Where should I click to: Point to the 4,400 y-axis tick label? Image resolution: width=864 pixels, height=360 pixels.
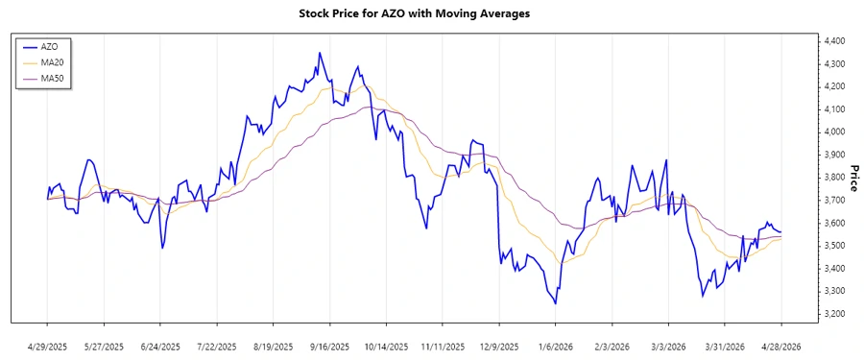pyautogui.click(x=833, y=41)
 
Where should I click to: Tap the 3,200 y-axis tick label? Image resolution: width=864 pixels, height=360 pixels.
pyautogui.click(x=833, y=314)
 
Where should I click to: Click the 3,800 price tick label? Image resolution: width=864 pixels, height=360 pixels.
pyautogui.click(x=833, y=178)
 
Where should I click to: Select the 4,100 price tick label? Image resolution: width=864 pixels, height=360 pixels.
pyautogui.click(x=833, y=109)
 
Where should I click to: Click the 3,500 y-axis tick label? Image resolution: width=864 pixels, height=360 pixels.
pyautogui.click(x=833, y=246)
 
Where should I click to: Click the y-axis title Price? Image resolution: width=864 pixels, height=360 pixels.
pyautogui.click(x=853, y=178)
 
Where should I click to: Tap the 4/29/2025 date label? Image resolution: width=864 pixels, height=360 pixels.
pyautogui.click(x=48, y=346)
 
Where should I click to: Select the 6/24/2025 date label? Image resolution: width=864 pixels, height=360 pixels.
pyautogui.click(x=160, y=346)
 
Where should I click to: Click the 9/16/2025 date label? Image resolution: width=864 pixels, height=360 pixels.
pyautogui.click(x=330, y=346)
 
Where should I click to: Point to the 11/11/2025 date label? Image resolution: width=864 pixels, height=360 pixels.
pyautogui.click(x=444, y=346)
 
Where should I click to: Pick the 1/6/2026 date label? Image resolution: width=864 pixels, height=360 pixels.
pyautogui.click(x=557, y=346)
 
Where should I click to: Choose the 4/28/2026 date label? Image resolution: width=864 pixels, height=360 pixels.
pyautogui.click(x=782, y=346)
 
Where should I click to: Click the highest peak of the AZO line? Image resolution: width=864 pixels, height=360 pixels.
pyautogui.click(x=320, y=53)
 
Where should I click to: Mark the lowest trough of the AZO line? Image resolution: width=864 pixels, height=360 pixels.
pyautogui.click(x=556, y=303)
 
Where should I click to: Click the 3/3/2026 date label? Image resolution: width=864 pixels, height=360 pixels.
pyautogui.click(x=669, y=346)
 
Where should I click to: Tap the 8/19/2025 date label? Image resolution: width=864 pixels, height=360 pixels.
pyautogui.click(x=274, y=346)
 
